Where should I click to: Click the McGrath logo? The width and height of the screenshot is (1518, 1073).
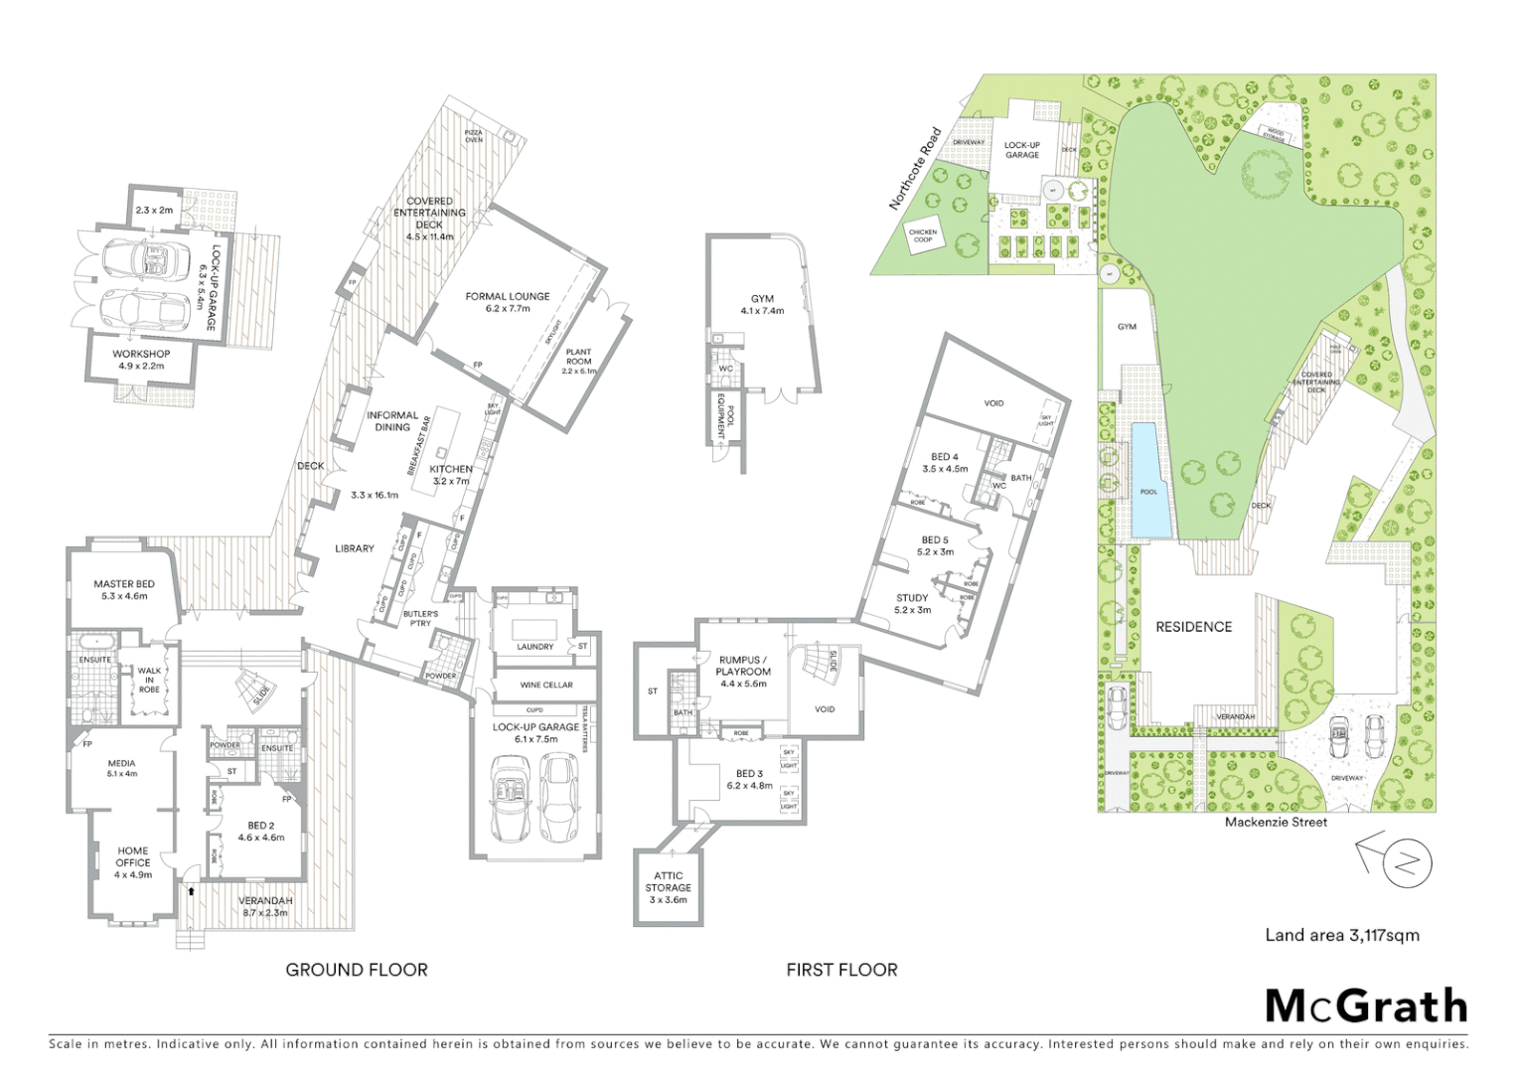tap(1366, 1006)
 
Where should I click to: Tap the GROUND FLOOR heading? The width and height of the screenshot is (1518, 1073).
tap(357, 970)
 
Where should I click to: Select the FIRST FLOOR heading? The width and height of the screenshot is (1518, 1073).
tap(841, 970)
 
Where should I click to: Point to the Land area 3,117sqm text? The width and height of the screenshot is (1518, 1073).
tap(1341, 935)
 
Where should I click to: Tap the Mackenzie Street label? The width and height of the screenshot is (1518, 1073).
tap(1276, 822)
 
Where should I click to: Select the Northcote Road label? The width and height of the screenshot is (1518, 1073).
tap(914, 168)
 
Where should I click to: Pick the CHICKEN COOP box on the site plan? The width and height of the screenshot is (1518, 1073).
tap(923, 235)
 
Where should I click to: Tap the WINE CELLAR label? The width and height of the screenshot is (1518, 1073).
tap(546, 685)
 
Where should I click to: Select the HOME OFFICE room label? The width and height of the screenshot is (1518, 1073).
tap(133, 856)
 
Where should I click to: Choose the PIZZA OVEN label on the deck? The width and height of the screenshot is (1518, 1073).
tap(474, 136)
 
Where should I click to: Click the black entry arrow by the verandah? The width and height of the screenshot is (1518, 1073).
tap(190, 890)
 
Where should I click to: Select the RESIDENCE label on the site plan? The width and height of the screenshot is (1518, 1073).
tap(1193, 627)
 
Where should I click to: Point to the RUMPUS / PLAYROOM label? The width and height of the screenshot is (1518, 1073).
tap(742, 666)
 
